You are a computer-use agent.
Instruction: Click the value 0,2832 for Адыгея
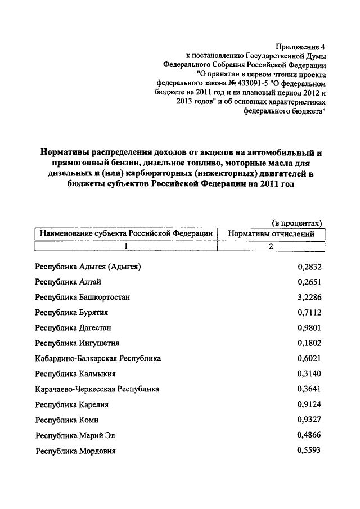309,267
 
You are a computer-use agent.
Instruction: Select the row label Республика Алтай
67,282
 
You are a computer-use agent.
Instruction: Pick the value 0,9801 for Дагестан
309,328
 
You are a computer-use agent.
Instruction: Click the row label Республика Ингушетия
77,343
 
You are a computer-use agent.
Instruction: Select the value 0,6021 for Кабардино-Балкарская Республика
309,358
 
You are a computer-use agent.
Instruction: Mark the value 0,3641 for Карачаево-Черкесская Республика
309,389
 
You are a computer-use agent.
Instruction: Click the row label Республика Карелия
71,404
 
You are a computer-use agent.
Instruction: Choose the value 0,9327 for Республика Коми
309,420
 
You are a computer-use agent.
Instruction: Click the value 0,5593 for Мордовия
309,450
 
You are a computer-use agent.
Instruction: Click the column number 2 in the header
270,246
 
